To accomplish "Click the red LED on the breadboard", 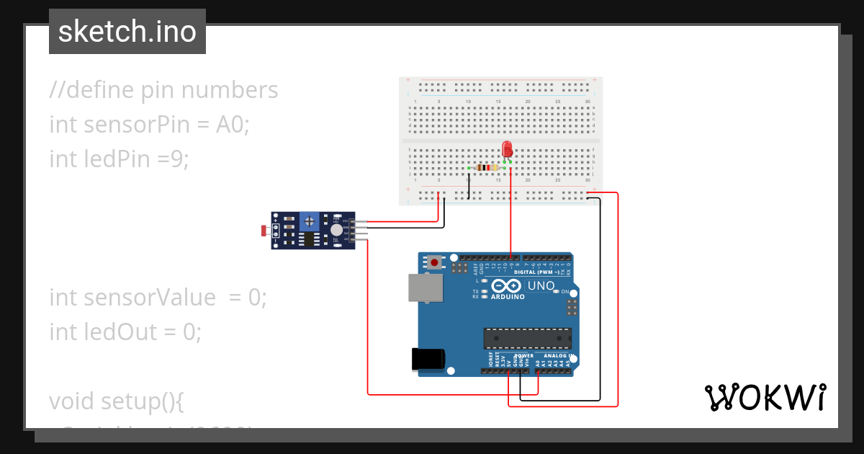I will coord(507,149).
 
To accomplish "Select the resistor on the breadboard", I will coord(489,168).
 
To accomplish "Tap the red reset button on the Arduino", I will coord(434,262).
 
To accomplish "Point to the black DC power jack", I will coord(427,360).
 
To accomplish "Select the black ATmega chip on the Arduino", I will coord(527,338).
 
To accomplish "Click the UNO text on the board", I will coord(541,286).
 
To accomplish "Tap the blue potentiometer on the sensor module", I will coord(310,220).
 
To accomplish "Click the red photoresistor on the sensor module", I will coord(264,231).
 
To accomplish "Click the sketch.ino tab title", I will coord(127,32).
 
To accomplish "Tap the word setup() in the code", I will coord(143,401).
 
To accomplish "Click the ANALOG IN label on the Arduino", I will coord(558,356).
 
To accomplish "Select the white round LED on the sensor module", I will coord(336,230).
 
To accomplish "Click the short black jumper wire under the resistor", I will coord(469,184).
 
